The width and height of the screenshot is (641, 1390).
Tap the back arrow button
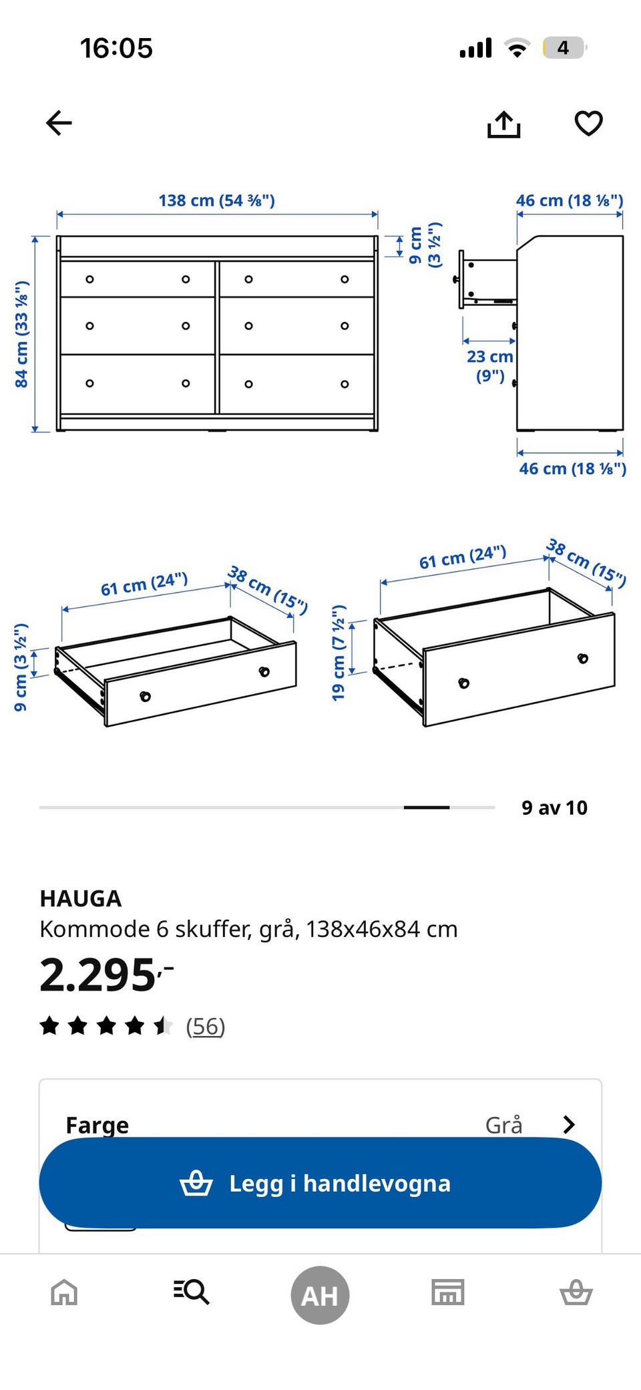pos(59,123)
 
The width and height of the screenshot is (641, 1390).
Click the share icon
pos(503,124)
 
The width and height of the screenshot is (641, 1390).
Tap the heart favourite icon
pos(588,124)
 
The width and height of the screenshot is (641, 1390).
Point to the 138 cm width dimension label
pos(216,200)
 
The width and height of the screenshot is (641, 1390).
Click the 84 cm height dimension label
pos(22,334)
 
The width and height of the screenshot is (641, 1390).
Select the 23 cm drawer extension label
pos(490,365)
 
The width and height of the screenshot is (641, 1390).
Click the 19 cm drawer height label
pos(339,653)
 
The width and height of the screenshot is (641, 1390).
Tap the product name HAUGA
pos(81,898)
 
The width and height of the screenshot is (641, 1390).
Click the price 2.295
pos(106,975)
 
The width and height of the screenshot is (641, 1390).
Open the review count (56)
pos(206,1026)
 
